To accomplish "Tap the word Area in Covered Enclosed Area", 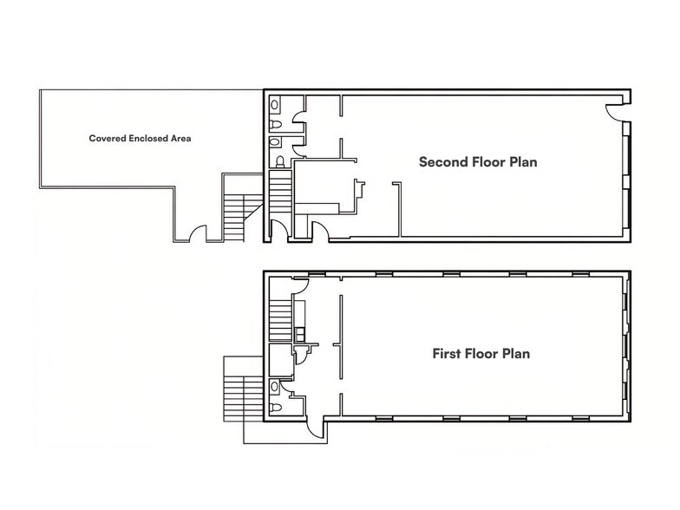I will [x=180, y=138].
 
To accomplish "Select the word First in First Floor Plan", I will [x=448, y=354].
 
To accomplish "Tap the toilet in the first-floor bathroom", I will [x=275, y=407].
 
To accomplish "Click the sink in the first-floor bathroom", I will [x=275, y=387].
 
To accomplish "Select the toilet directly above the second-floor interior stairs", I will [x=279, y=161].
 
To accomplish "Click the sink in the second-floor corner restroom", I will [x=275, y=105].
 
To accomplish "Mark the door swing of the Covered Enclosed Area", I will [x=199, y=234].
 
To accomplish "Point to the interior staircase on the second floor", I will [x=280, y=189].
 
